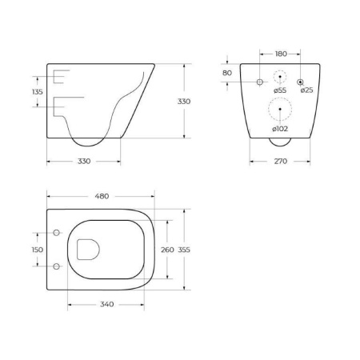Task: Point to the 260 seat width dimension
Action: [167, 250]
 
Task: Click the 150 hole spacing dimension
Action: [37, 250]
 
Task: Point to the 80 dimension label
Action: [227, 73]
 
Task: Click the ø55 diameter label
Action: [279, 90]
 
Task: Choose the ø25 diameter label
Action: [306, 90]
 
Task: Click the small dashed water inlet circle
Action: [279, 78]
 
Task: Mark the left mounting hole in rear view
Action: [259, 82]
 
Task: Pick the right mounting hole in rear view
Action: [300, 82]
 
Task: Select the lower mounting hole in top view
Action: [56, 266]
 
